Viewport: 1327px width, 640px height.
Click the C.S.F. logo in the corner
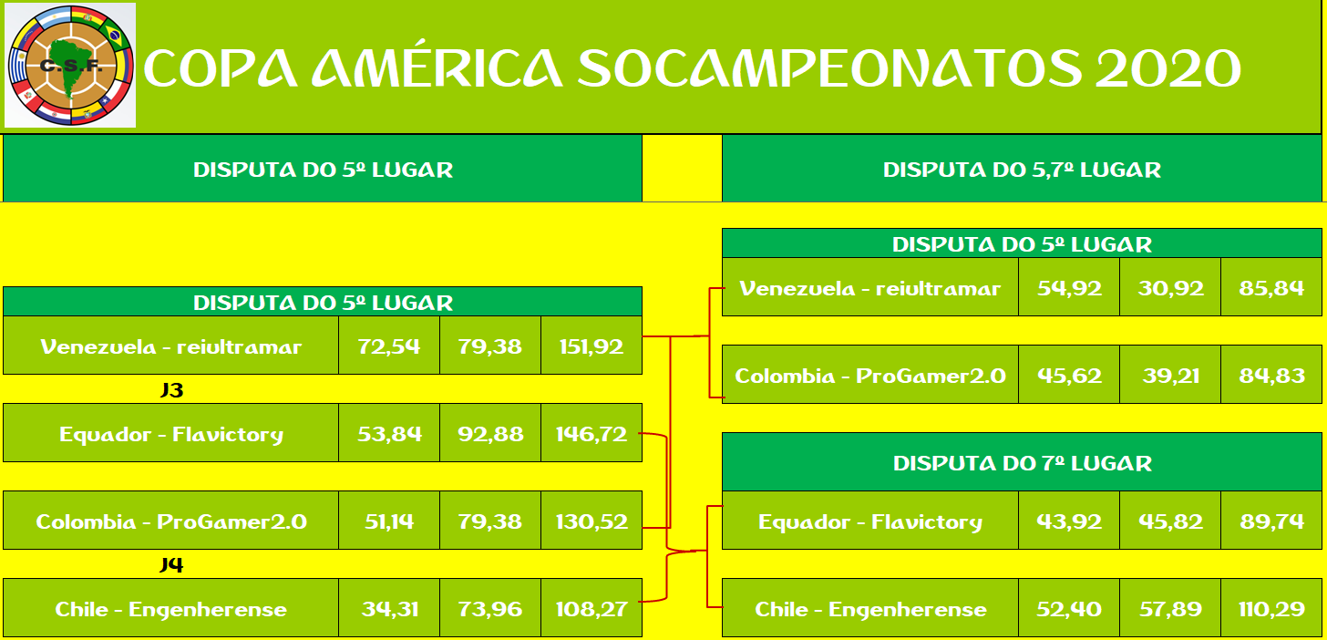pyautogui.click(x=70, y=66)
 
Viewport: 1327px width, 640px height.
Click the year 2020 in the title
pyautogui.click(x=1168, y=68)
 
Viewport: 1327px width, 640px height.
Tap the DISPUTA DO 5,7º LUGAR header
pyautogui.click(x=1022, y=170)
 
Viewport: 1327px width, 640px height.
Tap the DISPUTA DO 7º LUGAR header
pyautogui.click(x=1022, y=463)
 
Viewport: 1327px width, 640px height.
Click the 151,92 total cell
pyautogui.click(x=591, y=346)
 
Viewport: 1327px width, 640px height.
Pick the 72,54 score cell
pyautogui.click(x=389, y=346)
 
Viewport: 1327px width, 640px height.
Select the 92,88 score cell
pyautogui.click(x=490, y=433)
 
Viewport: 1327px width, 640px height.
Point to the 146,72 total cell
pyautogui.click(x=591, y=433)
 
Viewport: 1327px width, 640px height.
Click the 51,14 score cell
pyautogui.click(x=389, y=521)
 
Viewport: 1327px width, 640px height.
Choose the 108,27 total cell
pyautogui.click(x=591, y=608)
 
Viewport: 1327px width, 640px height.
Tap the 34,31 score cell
pyautogui.click(x=389, y=608)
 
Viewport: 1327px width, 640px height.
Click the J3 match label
pyautogui.click(x=171, y=389)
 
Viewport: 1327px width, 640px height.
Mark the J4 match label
pyautogui.click(x=171, y=564)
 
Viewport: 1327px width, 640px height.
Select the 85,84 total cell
pyautogui.click(x=1271, y=287)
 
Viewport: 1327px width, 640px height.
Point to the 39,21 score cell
pyautogui.click(x=1170, y=375)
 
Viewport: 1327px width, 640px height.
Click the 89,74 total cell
pyautogui.click(x=1271, y=521)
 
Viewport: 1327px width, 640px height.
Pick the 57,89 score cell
pyautogui.click(x=1170, y=608)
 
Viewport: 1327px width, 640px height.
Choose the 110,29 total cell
pyautogui.click(x=1271, y=608)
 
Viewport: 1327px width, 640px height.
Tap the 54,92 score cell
pyautogui.click(x=1069, y=287)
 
